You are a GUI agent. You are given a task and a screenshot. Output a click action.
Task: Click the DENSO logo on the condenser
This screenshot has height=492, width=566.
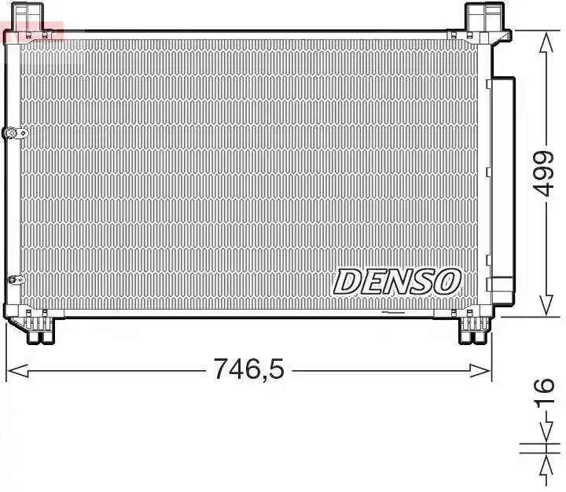click(397, 281)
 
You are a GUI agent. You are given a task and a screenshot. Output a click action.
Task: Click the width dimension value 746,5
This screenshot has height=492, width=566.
click(249, 369)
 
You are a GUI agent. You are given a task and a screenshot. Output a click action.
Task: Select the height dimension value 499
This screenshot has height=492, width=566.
click(544, 174)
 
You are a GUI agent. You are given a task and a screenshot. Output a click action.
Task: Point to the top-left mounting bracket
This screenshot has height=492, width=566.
click(28, 17)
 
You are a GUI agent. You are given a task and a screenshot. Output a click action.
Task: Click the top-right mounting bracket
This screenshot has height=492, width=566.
click(484, 17)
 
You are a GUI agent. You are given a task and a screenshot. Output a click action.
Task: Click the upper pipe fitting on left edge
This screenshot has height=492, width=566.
click(15, 133)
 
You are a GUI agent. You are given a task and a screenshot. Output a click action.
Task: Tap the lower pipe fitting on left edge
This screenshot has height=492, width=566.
click(16, 280)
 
